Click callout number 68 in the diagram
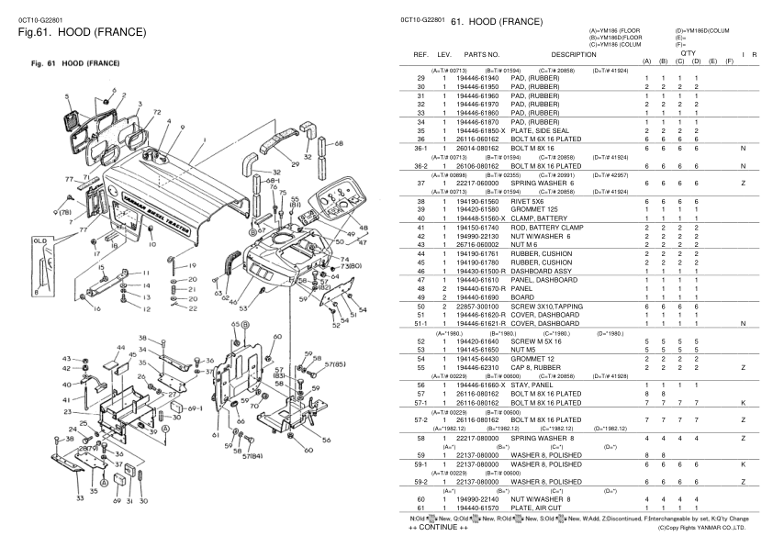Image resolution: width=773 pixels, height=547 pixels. click(338, 143)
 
